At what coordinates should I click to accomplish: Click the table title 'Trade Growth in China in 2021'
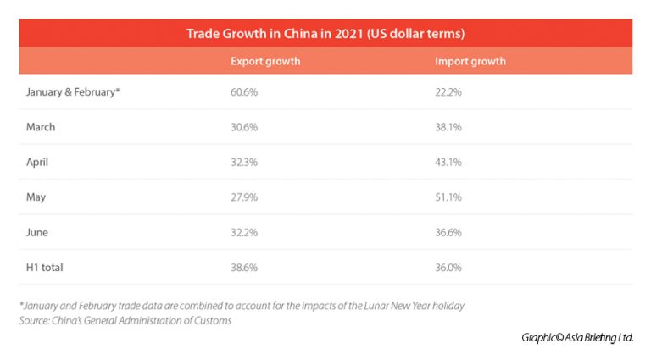(325, 34)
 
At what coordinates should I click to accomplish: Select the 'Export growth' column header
(265, 62)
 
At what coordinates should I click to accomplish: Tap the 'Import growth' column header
(470, 62)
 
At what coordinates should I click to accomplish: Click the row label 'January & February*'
(73, 92)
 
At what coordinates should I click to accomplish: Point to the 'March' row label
(42, 127)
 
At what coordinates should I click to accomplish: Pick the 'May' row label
(36, 197)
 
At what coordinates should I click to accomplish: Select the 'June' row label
(38, 232)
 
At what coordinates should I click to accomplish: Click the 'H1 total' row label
(45, 267)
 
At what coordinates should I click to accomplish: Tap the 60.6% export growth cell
(245, 92)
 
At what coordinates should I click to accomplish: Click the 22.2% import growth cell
(448, 92)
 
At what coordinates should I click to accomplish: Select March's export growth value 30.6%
(245, 127)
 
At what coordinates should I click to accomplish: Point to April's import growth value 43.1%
(448, 163)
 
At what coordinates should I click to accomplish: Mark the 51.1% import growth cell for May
(448, 197)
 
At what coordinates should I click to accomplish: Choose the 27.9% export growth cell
(245, 197)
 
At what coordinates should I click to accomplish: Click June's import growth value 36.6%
(448, 232)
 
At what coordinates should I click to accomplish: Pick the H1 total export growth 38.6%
(245, 267)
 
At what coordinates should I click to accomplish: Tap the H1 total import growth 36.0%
(448, 267)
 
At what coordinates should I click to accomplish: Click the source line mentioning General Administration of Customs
(125, 321)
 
